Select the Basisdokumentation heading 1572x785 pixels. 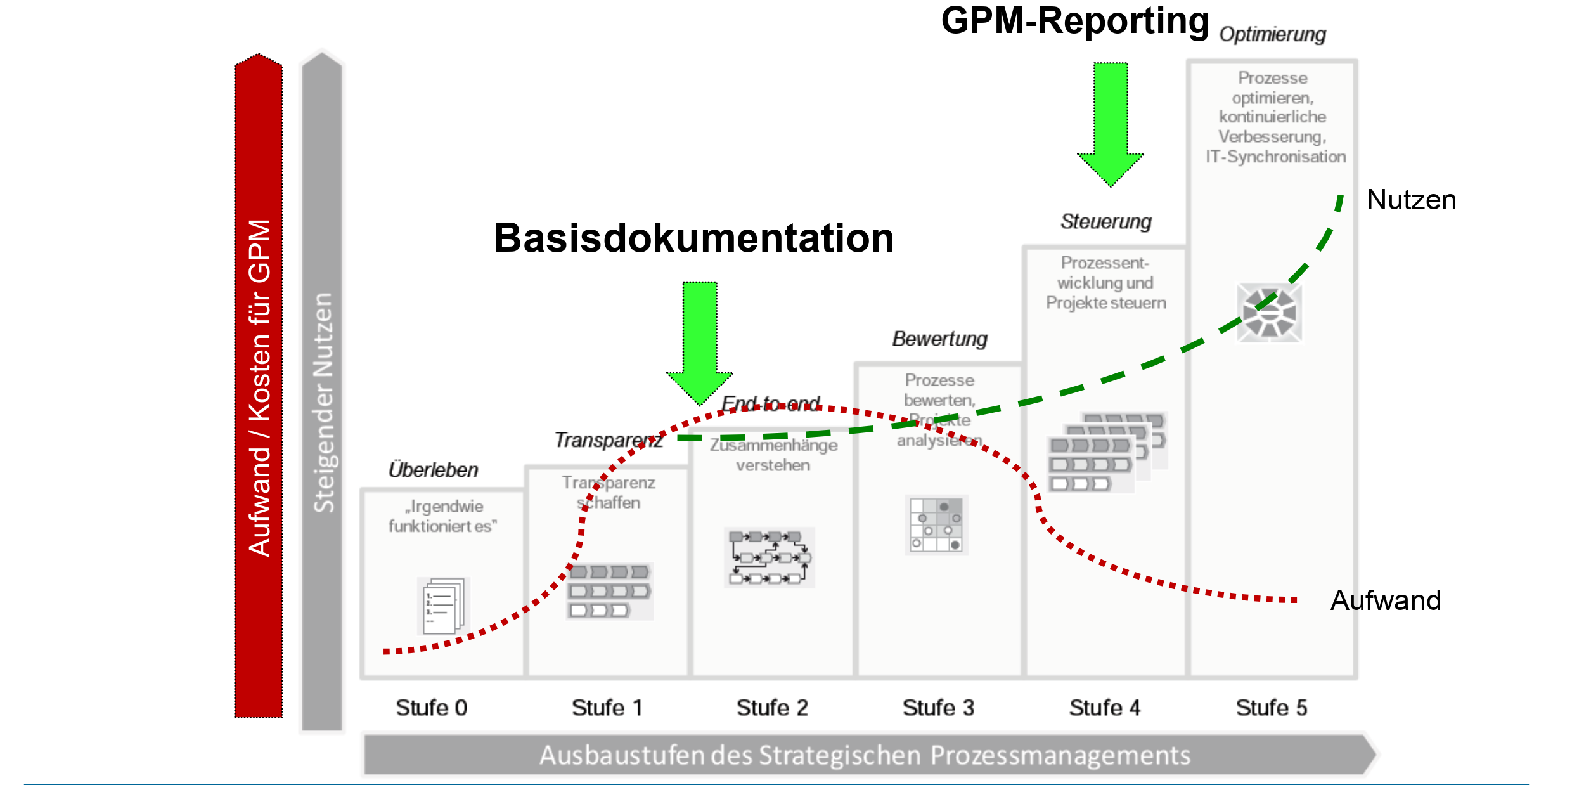tap(693, 238)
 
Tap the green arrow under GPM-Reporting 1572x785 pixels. tap(1111, 124)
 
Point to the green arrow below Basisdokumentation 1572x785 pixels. tap(700, 342)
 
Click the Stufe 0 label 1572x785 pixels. tap(432, 708)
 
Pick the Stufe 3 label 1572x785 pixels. tap(938, 708)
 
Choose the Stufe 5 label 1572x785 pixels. tap(1271, 708)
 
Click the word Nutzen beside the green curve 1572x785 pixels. tap(1411, 200)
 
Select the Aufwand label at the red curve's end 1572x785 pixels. tap(1386, 600)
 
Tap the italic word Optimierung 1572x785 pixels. tap(1272, 34)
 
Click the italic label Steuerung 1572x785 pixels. tap(1106, 222)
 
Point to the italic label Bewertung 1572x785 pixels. tap(940, 339)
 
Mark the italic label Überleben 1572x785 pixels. tap(434, 470)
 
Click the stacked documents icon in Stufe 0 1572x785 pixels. tap(443, 606)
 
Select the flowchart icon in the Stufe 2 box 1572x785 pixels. tap(770, 557)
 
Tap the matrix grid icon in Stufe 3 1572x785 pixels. tap(936, 525)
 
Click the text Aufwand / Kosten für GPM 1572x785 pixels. tap(259, 388)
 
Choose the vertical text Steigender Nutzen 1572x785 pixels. tap(323, 403)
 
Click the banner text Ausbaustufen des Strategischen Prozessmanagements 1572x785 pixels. tap(865, 756)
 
